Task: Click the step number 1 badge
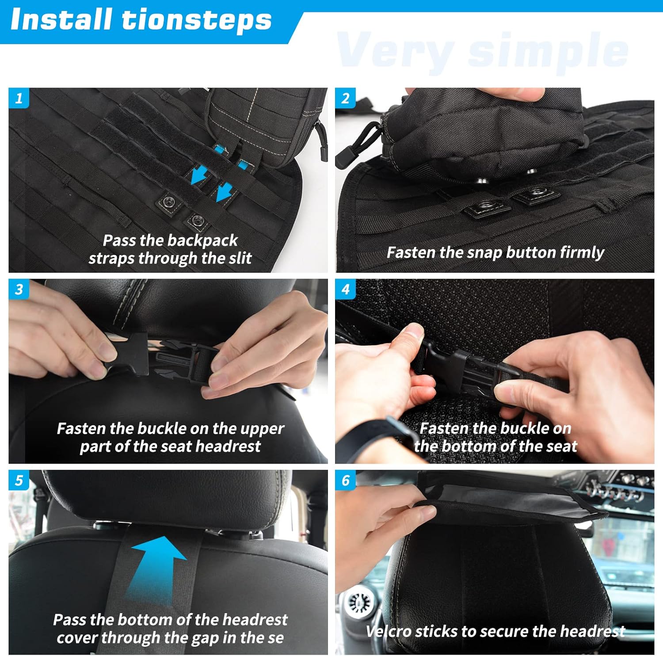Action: click(19, 98)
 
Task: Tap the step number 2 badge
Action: click(345, 98)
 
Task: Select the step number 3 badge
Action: click(19, 289)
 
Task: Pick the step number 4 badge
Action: click(345, 289)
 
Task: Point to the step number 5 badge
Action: click(19, 480)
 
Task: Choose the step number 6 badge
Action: click(345, 480)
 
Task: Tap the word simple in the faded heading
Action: click(548, 51)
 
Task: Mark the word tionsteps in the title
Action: click(197, 21)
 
